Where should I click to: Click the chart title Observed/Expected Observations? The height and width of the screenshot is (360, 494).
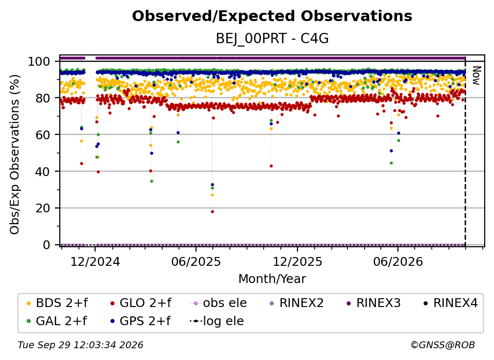pyautogui.click(x=272, y=16)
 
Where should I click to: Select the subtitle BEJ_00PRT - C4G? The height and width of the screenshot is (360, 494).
pyautogui.click(x=272, y=39)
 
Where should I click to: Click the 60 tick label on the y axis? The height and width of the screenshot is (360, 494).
pyautogui.click(x=43, y=134)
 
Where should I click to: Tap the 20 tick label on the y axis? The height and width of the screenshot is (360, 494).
pyautogui.click(x=43, y=208)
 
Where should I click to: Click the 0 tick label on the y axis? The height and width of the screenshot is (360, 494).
pyautogui.click(x=46, y=245)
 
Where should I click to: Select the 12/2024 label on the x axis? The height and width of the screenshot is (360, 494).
pyautogui.click(x=95, y=262)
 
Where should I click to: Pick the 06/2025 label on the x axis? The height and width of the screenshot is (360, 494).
pyautogui.click(x=196, y=262)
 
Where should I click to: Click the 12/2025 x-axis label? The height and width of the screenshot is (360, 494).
pyautogui.click(x=297, y=262)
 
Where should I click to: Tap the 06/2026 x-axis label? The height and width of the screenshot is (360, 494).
pyautogui.click(x=398, y=262)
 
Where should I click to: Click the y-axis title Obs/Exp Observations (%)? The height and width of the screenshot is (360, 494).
pyautogui.click(x=15, y=154)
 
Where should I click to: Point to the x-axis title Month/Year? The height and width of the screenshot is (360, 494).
pyautogui.click(x=272, y=279)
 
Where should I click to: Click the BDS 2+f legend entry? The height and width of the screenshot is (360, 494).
pyautogui.click(x=57, y=303)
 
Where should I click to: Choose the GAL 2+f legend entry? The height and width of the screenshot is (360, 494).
pyautogui.click(x=56, y=321)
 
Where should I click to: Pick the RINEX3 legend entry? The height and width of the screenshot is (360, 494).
pyautogui.click(x=373, y=303)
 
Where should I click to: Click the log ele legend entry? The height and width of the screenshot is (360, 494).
pyautogui.click(x=217, y=321)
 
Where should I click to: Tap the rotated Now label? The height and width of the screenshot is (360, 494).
pyautogui.click(x=476, y=76)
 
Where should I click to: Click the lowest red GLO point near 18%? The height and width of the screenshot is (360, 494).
pyautogui.click(x=212, y=212)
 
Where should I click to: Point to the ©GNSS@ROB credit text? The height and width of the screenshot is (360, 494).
pyautogui.click(x=443, y=345)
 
